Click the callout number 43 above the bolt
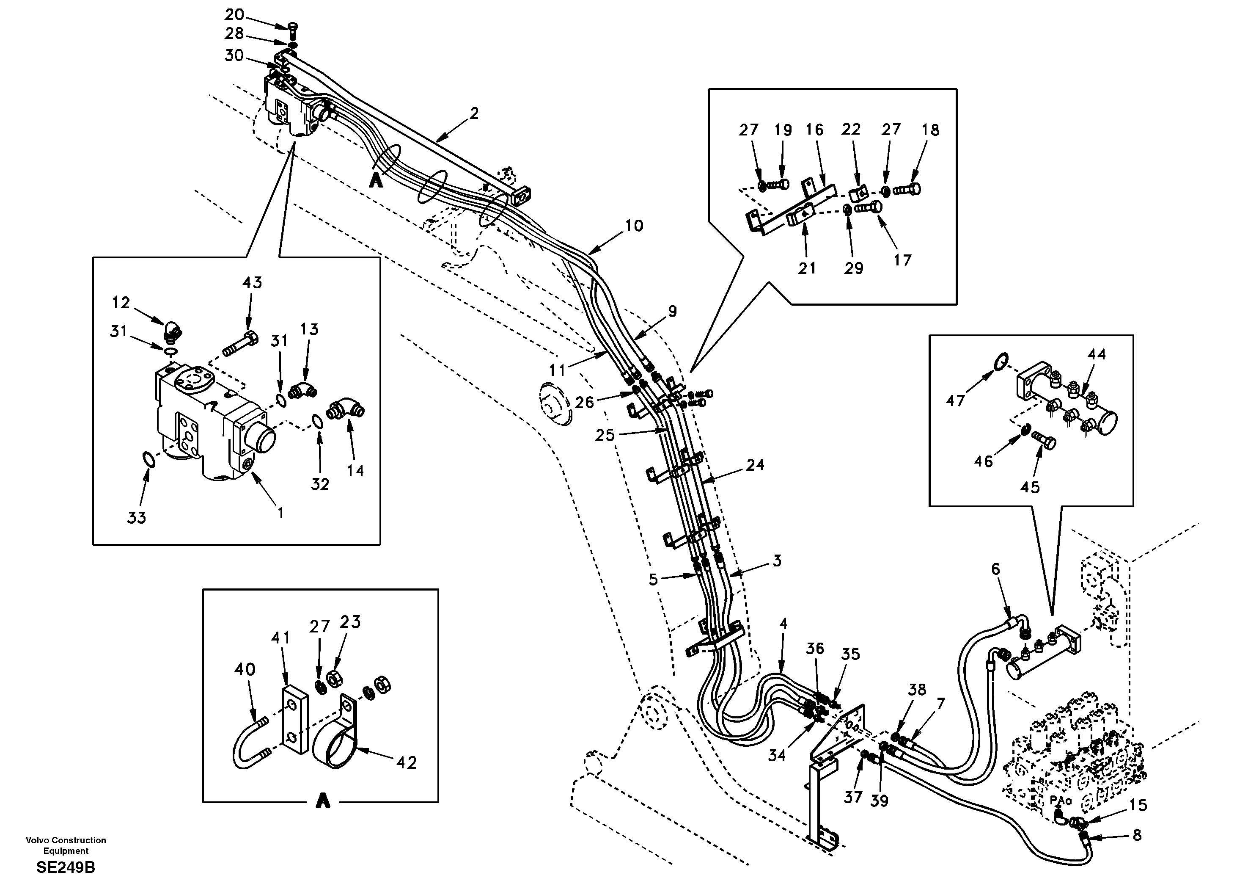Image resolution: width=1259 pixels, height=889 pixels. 252,283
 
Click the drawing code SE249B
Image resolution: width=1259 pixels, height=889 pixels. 66,867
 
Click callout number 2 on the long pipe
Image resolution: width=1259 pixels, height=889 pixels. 474,113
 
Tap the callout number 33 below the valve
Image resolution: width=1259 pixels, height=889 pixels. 137,517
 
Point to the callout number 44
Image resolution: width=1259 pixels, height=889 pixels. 1097,354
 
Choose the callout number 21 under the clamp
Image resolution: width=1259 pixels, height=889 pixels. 807,268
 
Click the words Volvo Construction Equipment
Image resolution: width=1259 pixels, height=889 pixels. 66,845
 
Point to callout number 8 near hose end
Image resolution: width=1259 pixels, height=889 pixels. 1137,835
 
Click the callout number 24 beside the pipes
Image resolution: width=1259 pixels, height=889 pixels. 755,465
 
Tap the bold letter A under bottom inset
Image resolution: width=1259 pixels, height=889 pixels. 323,802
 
